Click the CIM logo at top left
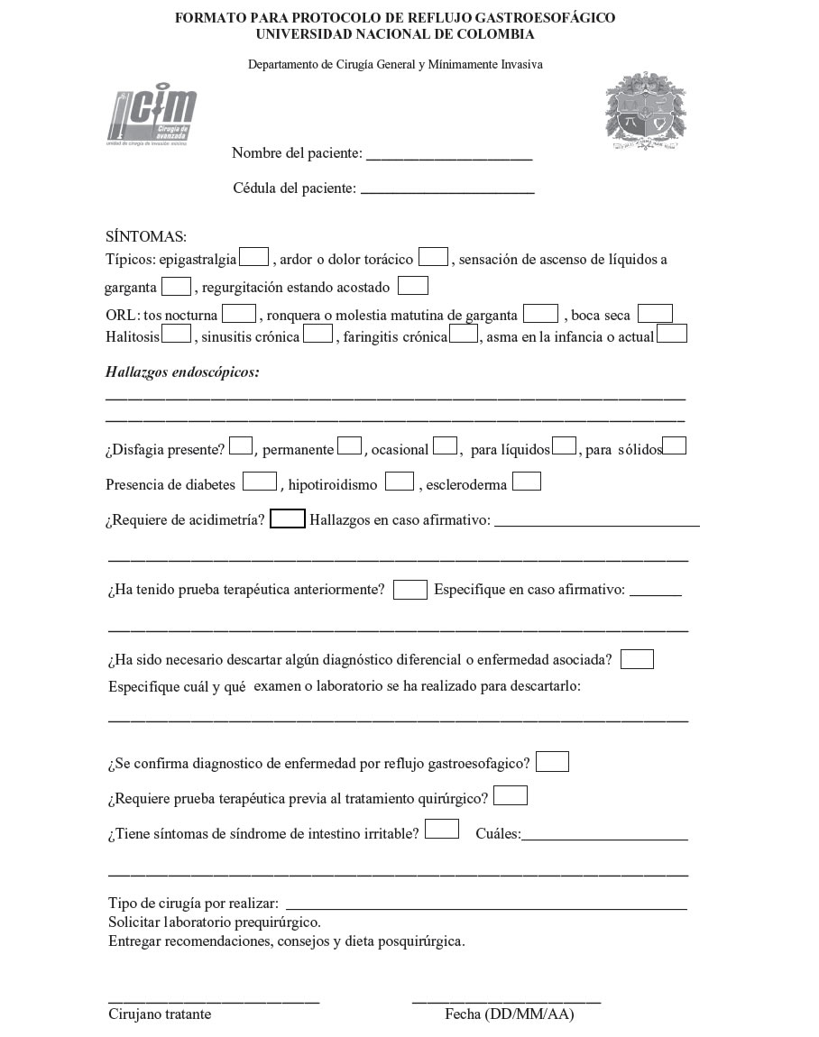152,117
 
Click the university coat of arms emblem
646,112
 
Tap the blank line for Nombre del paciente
448,155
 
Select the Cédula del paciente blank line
447,189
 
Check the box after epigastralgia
254,257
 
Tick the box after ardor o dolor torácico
433,257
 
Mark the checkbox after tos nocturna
239,314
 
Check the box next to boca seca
655,314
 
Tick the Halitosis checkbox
177,334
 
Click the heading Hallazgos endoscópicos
182,372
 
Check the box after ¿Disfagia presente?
241,445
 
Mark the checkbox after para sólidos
675,445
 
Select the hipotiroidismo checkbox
400,482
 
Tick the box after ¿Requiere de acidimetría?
288,518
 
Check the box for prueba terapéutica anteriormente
410,590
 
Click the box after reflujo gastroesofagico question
552,762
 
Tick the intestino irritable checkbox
442,829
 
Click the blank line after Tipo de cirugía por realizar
486,905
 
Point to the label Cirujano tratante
160,1014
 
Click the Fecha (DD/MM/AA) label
509,1014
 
